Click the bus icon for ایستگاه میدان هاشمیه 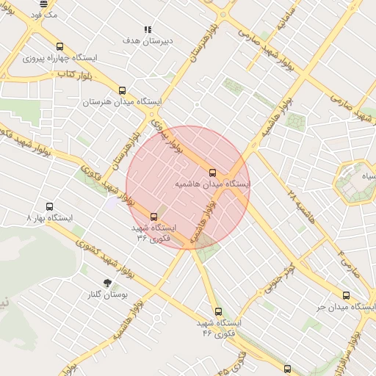pos(213,173)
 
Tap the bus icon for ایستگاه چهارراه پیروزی pos(59,46)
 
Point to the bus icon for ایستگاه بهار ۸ pos(50,207)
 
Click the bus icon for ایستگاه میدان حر pos(346,295)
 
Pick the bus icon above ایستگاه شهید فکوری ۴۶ pos(218,311)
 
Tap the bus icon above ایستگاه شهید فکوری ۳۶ pos(153,217)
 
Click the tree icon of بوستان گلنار pos(108,283)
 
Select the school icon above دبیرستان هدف pos(148,30)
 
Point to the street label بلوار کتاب pos(74,74)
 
